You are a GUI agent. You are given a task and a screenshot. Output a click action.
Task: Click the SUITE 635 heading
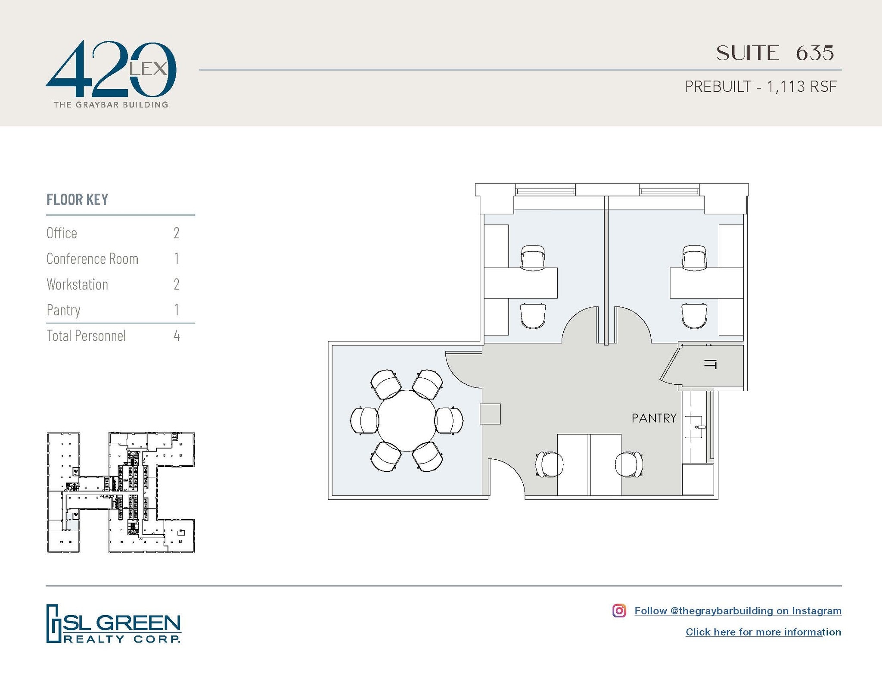click(775, 53)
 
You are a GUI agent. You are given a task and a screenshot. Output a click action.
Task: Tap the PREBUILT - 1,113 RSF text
click(761, 87)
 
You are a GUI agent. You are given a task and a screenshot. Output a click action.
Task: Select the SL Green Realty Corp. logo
click(114, 624)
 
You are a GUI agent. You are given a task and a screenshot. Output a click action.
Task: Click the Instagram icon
click(619, 610)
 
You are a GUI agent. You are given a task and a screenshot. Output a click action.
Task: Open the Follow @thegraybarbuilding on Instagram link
click(738, 610)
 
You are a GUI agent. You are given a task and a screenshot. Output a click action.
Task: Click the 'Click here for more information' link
click(763, 632)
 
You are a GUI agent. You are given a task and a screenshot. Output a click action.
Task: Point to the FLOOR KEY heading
click(78, 200)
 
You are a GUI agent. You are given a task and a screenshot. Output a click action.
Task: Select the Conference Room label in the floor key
click(93, 259)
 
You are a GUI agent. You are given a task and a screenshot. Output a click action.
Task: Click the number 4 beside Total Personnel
click(177, 336)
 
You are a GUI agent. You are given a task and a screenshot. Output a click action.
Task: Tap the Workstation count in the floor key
click(177, 284)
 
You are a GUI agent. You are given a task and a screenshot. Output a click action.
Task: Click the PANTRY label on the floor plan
click(654, 418)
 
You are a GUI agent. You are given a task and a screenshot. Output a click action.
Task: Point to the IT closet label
click(710, 364)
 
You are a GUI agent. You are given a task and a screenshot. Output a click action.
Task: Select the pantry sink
click(693, 427)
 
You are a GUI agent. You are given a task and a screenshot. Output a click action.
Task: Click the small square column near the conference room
click(490, 414)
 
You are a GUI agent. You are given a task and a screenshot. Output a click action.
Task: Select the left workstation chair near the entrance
click(550, 464)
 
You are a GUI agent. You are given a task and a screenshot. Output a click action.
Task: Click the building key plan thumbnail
click(121, 492)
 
